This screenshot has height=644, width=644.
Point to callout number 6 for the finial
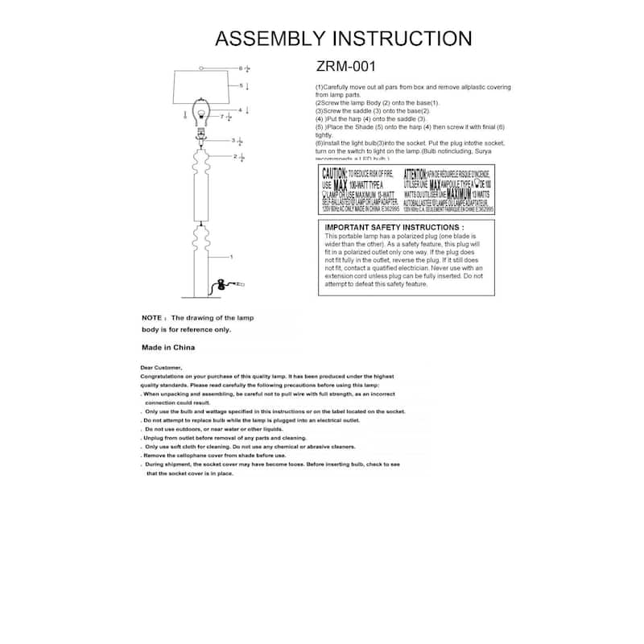(x=240, y=68)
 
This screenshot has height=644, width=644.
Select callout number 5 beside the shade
(x=240, y=85)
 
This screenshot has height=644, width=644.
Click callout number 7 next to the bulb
(x=222, y=117)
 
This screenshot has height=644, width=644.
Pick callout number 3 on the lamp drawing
(x=233, y=140)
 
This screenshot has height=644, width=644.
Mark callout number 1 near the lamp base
(x=231, y=257)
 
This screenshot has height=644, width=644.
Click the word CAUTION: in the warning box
(x=334, y=174)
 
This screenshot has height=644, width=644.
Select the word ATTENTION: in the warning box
(x=415, y=174)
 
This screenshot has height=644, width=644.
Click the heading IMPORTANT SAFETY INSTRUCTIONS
(x=394, y=228)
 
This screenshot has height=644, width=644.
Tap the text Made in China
(x=167, y=348)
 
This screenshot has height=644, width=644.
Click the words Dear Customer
(x=161, y=368)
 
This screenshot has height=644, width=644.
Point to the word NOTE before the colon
(x=152, y=318)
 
